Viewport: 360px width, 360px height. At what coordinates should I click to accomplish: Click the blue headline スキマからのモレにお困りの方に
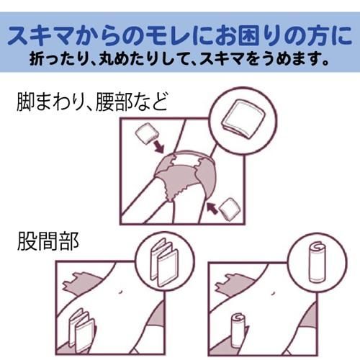pos(180,36)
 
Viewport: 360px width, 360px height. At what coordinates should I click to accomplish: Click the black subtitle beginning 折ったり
pos(179,59)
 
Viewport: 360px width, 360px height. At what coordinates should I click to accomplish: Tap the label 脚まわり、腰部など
pos(92,102)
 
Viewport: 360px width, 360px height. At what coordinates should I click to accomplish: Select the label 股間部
pos(48,241)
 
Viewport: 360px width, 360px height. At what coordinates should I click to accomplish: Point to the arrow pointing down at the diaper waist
pos(159,146)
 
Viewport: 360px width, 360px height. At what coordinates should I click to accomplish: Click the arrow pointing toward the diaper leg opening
pos(212,208)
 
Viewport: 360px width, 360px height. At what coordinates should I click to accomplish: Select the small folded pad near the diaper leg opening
pos(230,208)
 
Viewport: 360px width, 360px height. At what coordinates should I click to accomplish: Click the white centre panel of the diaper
pos(187,161)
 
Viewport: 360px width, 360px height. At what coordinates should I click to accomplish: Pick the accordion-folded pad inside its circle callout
pos(164,263)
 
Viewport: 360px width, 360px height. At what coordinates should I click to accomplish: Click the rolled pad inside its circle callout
pos(318,262)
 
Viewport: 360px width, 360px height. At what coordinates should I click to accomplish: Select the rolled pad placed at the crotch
pos(238,329)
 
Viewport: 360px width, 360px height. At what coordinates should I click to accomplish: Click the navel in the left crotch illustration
pos(121,291)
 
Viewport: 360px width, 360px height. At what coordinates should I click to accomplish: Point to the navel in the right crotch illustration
pos(273,293)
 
